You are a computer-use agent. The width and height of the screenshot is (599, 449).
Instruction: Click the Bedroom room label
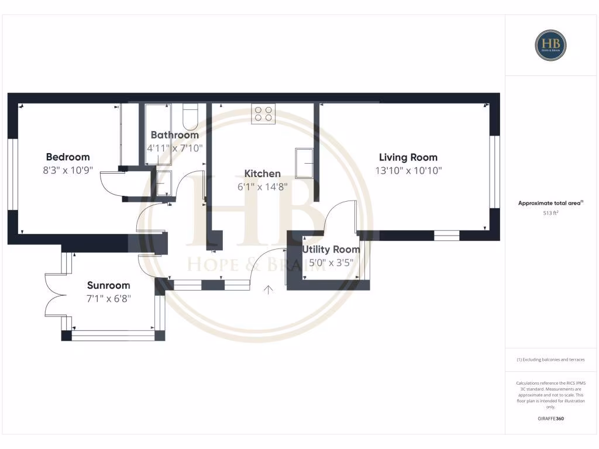68,157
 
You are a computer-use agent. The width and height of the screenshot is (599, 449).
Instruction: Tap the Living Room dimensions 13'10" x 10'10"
408,171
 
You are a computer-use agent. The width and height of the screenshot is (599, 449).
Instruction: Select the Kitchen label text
262,174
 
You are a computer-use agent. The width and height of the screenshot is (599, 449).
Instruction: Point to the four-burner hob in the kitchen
263,113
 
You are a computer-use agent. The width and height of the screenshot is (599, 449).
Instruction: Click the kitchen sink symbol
304,163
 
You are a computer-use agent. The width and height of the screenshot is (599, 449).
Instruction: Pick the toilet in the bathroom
191,117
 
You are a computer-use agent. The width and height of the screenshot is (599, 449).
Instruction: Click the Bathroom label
174,135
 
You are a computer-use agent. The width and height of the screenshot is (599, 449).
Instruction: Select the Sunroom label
108,285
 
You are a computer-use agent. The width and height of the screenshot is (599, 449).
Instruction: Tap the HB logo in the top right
550,45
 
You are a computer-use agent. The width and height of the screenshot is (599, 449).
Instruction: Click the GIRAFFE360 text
550,419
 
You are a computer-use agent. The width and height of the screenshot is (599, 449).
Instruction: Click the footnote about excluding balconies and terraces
550,360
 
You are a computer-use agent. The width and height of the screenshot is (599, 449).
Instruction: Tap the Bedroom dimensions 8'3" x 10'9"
68,171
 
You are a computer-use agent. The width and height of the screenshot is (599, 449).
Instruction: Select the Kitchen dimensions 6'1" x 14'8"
262,187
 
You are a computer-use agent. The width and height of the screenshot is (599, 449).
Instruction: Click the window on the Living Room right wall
495,172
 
